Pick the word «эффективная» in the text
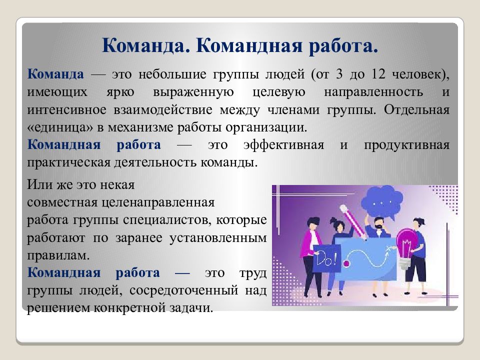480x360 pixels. (x=283, y=145)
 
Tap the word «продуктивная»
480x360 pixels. (x=406, y=145)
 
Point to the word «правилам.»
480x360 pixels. (x=58, y=255)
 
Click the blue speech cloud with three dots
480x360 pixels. (x=381, y=201)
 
